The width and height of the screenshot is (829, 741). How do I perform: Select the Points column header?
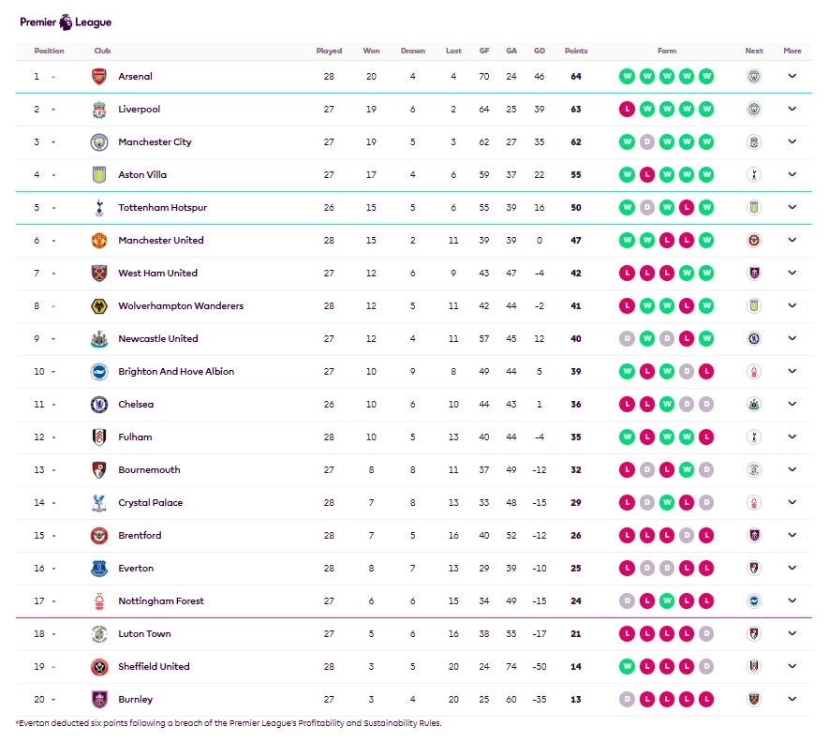576,51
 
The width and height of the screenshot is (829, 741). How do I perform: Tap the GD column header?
539,51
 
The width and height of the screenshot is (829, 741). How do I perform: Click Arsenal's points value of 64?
576,77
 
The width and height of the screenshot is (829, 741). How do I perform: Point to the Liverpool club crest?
99,110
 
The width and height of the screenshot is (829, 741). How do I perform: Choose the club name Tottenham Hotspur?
162,208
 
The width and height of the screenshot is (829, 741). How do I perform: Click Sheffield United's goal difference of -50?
539,667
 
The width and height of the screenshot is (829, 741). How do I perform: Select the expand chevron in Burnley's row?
792,699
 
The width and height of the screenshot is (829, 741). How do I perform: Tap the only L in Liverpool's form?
627,110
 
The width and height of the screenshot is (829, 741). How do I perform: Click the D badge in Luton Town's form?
706,634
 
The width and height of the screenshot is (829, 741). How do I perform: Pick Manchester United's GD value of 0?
539,241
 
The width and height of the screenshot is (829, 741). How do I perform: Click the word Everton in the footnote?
35,723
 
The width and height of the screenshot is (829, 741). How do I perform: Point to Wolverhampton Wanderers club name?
180,306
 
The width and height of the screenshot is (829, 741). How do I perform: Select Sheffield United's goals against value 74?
511,667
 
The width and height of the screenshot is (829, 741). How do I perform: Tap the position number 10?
39,372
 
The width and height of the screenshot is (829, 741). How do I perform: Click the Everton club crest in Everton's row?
99,569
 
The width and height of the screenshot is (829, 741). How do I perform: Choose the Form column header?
667,51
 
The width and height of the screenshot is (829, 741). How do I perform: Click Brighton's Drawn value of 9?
412,372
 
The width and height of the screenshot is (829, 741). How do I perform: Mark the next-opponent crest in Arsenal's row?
754,77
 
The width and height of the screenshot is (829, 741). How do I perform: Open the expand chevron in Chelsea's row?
792,404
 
